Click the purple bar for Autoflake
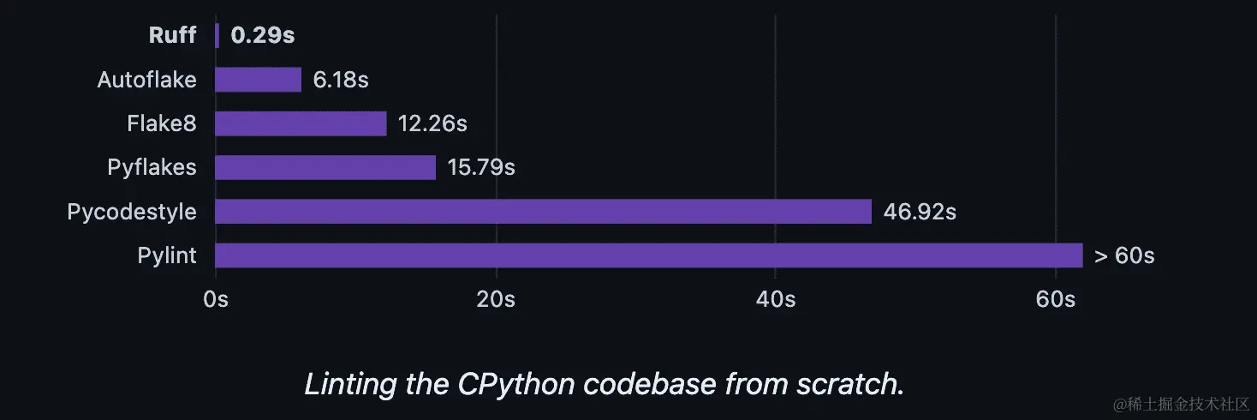click(258, 80)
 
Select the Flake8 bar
click(301, 123)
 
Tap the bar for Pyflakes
click(325, 167)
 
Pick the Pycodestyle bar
click(543, 212)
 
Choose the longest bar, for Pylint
click(648, 255)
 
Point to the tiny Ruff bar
click(217, 35)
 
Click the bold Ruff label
click(172, 35)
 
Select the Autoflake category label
click(146, 80)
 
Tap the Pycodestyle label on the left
click(132, 212)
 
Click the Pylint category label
click(167, 255)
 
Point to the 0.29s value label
click(263, 35)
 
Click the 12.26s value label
click(432, 123)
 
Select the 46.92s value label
click(920, 212)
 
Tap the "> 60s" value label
click(1124, 255)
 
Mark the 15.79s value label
click(480, 167)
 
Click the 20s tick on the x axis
click(496, 299)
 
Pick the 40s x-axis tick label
click(775, 299)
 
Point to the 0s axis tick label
click(216, 299)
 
